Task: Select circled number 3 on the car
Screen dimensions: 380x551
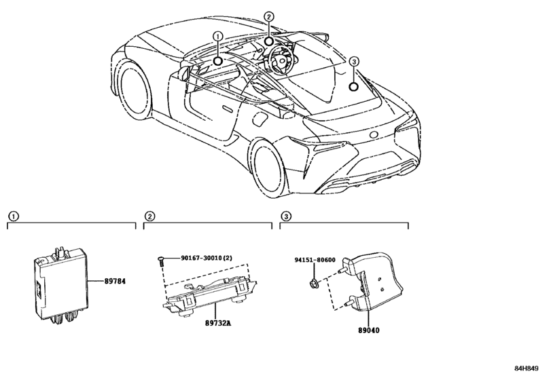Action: (353, 63)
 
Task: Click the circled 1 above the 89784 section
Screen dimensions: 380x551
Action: (12, 216)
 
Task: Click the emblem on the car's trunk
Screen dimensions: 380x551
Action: (373, 134)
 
